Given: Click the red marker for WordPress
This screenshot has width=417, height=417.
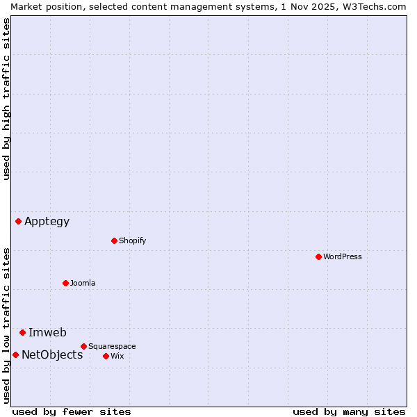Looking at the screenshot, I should (318, 256).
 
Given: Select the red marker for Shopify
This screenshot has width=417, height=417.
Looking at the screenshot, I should (114, 240).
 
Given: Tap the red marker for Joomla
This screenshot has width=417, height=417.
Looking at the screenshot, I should (65, 283).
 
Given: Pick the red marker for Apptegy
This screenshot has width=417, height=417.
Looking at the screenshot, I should (18, 221).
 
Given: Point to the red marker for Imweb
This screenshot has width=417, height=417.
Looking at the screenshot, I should (22, 332).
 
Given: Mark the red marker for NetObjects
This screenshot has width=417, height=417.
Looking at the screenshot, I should (15, 354).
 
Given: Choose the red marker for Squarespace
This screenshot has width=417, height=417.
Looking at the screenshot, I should (83, 346).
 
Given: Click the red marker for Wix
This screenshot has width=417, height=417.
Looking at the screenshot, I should (106, 356).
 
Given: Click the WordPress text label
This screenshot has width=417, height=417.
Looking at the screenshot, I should (343, 256).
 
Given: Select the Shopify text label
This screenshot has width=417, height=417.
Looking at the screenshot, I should (132, 240).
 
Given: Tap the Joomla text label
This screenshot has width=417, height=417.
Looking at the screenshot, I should (83, 283).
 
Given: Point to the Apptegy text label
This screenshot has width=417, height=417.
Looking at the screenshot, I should (47, 222).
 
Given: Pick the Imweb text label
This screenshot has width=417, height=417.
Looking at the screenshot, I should (47, 332).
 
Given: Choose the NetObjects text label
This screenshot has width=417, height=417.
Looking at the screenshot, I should (52, 355).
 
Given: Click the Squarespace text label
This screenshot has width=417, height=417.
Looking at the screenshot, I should (112, 346).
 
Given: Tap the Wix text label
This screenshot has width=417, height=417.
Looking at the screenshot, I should (117, 356).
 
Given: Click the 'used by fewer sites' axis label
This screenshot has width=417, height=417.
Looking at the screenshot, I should (72, 411).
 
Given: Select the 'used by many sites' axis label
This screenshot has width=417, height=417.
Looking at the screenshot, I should (349, 411).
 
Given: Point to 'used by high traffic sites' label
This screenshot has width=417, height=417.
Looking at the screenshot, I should (6, 99).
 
